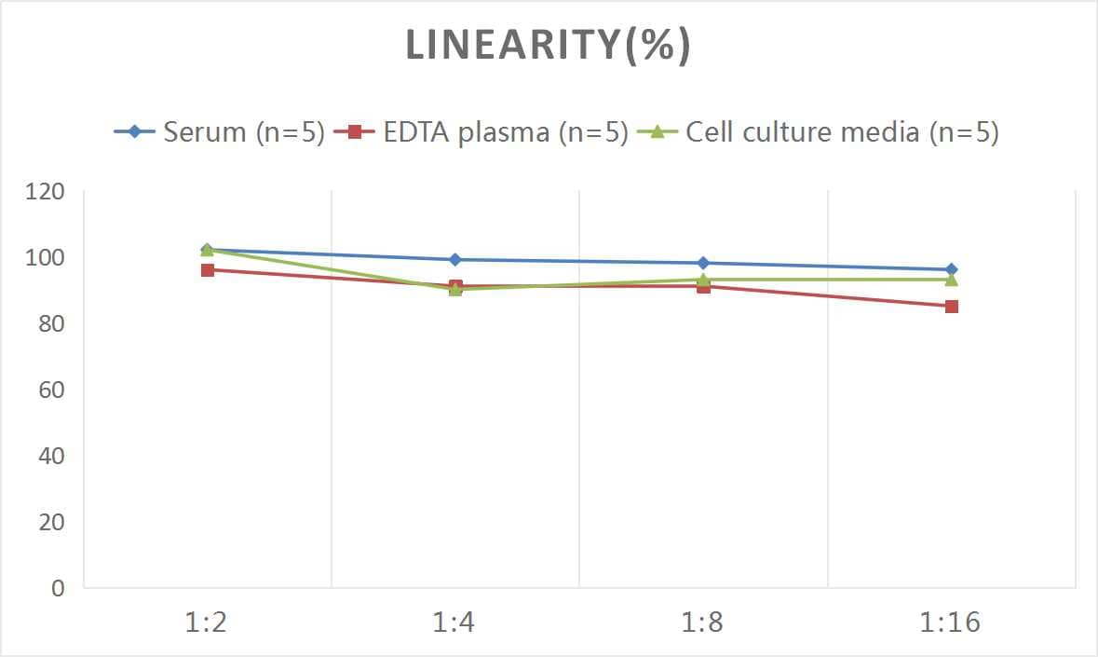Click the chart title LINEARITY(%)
click(x=548, y=46)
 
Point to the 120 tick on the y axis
click(x=46, y=192)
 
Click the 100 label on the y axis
click(x=46, y=258)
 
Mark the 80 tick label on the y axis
click(x=50, y=324)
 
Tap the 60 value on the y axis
click(x=50, y=390)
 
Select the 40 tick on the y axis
click(x=50, y=456)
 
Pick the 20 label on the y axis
click(x=50, y=522)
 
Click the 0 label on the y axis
click(x=58, y=588)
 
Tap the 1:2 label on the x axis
click(x=207, y=622)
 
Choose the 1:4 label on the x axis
click(x=454, y=622)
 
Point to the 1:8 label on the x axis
click(x=703, y=622)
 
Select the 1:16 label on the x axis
click(x=951, y=622)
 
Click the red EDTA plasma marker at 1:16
click(x=951, y=307)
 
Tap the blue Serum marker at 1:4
click(x=454, y=260)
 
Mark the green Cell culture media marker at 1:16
click(x=951, y=280)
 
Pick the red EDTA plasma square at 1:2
click(x=207, y=270)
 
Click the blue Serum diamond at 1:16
click(x=951, y=269)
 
